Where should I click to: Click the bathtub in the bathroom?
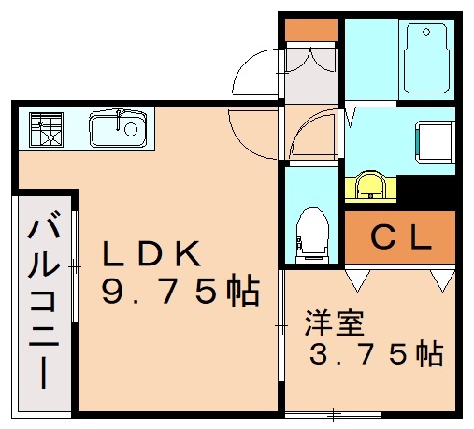[x=427, y=58]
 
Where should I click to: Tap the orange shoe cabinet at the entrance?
[x=309, y=29]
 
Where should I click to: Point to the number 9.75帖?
[x=180, y=293]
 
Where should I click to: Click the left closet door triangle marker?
[x=356, y=278]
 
